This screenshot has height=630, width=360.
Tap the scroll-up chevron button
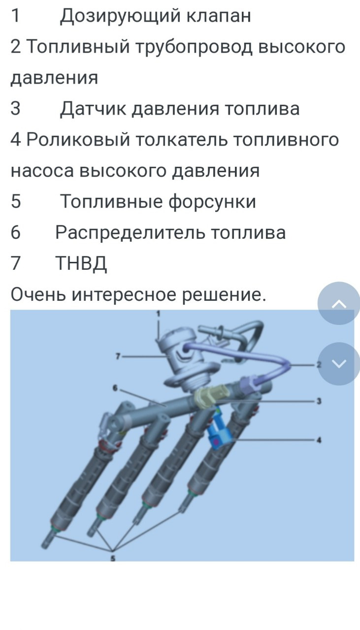tap(339, 304)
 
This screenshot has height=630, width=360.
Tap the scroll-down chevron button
tap(339, 364)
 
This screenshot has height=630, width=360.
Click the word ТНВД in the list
tap(81, 263)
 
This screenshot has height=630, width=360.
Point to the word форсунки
tap(212, 202)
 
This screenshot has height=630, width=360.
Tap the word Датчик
tap(93, 109)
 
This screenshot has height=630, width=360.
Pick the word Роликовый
tap(78, 139)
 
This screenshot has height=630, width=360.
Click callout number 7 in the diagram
tap(118, 356)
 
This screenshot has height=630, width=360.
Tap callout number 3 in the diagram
tap(319, 401)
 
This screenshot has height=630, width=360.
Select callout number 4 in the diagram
tap(319, 440)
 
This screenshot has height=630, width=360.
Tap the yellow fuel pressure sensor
tap(209, 397)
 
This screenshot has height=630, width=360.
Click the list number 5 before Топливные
tap(16, 201)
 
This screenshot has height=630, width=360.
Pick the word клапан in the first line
tap(219, 16)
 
